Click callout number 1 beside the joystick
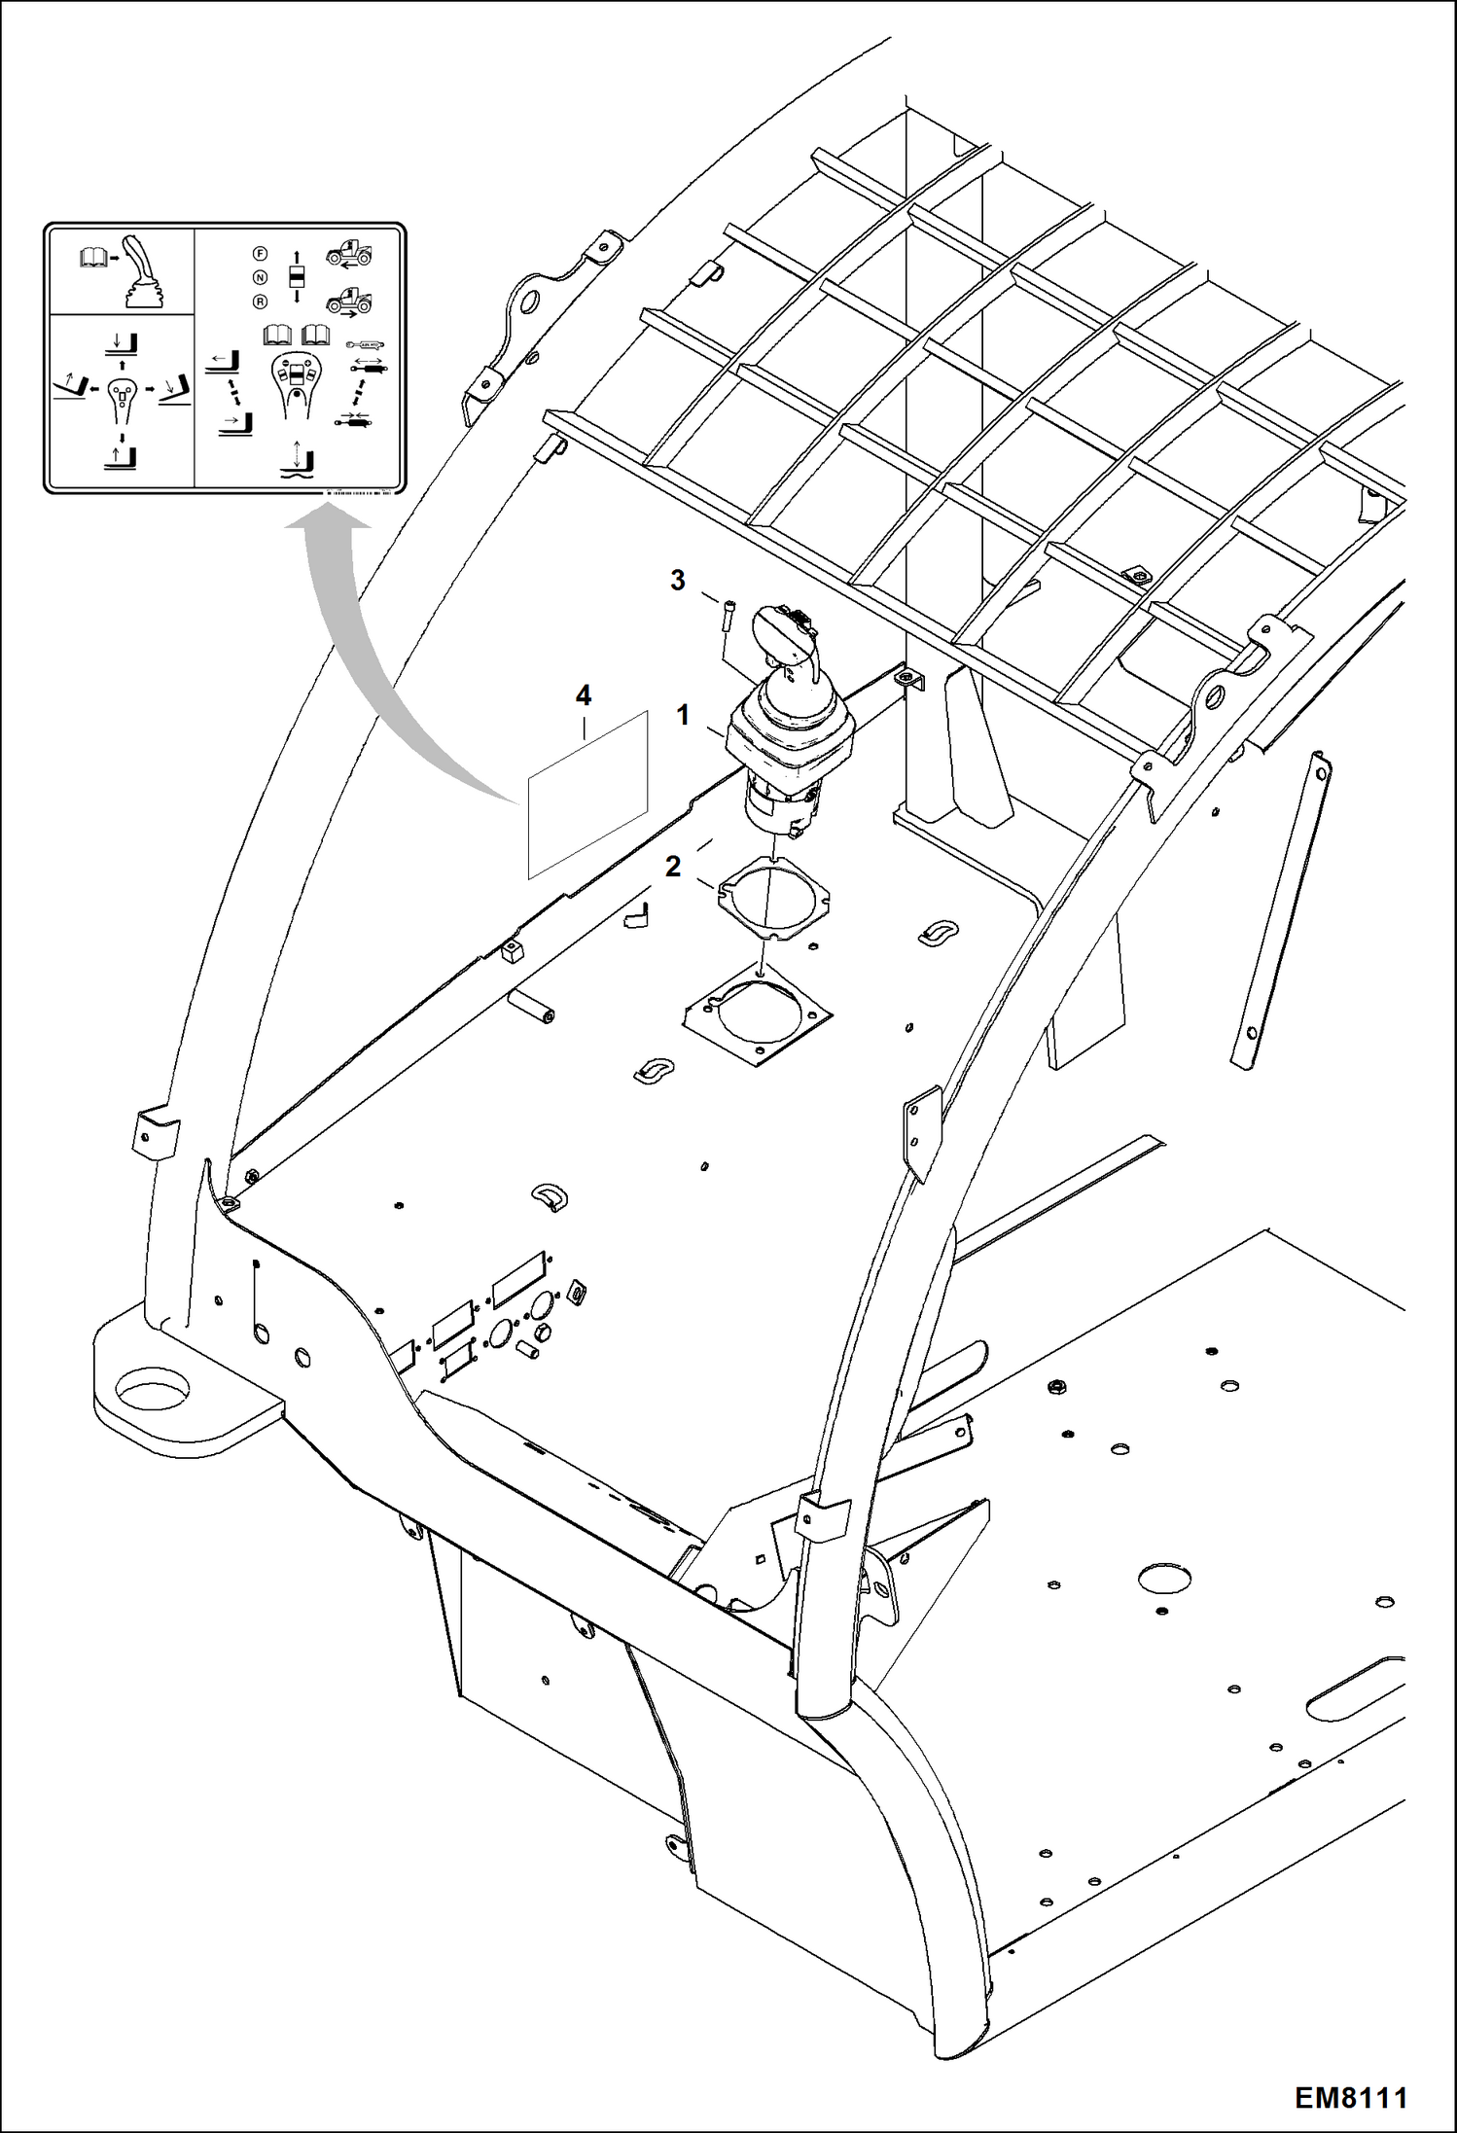(683, 716)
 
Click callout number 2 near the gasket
(673, 866)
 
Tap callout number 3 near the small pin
(678, 581)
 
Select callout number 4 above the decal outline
(584, 695)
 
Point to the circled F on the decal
(259, 254)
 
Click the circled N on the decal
(259, 277)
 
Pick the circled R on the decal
(259, 302)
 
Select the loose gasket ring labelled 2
(773, 897)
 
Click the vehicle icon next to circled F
(349, 255)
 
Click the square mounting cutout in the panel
(757, 1019)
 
